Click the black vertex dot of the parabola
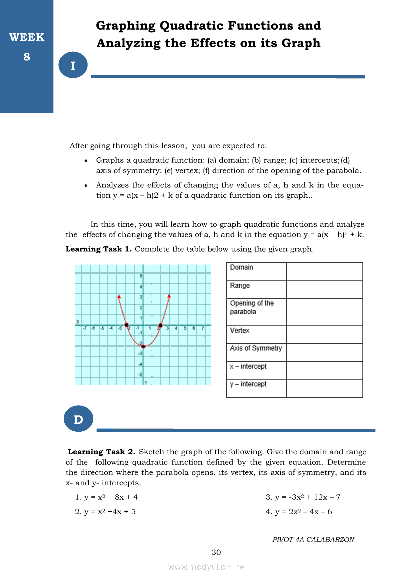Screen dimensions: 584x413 click(143, 346)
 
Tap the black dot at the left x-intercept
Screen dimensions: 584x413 click(126, 325)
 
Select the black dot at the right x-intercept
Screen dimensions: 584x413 click(160, 326)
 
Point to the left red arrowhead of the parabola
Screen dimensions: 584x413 click(119, 296)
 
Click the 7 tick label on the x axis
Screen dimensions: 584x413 click(203, 328)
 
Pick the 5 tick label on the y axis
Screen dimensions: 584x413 click(141, 276)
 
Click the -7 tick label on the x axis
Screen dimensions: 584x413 click(85, 328)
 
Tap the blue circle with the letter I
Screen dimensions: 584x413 click(73, 66)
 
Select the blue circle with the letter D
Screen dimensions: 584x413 click(79, 419)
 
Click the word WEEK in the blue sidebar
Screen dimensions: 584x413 click(27, 37)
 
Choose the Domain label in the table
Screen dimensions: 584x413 click(242, 268)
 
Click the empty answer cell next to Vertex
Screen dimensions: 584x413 click(324, 334)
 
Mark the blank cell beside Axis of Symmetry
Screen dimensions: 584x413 click(324, 352)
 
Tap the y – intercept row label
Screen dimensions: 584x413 click(248, 384)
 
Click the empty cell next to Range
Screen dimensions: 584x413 click(324, 289)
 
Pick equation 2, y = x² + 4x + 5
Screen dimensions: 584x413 click(105, 512)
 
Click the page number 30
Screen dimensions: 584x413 click(216, 552)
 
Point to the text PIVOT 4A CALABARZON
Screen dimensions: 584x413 click(313, 540)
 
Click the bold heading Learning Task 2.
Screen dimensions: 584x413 click(102, 452)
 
